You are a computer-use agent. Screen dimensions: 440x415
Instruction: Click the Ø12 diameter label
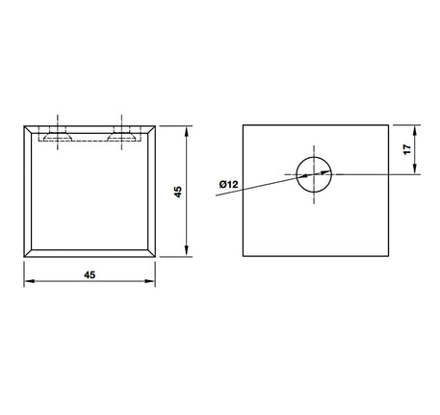(228, 184)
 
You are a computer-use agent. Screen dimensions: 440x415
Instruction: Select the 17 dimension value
(407, 149)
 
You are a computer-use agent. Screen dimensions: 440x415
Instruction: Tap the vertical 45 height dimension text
(177, 192)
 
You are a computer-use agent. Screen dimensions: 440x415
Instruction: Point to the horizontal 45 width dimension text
(90, 274)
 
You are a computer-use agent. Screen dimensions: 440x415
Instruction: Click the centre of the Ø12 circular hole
(314, 174)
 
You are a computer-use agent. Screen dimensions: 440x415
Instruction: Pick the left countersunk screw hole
(58, 138)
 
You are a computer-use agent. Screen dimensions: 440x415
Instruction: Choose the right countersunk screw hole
(121, 138)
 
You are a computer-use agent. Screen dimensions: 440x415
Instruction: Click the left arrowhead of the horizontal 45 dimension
(30, 281)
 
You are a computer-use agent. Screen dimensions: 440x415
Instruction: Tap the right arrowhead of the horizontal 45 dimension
(150, 281)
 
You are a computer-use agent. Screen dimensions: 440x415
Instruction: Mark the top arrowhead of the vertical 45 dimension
(187, 132)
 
